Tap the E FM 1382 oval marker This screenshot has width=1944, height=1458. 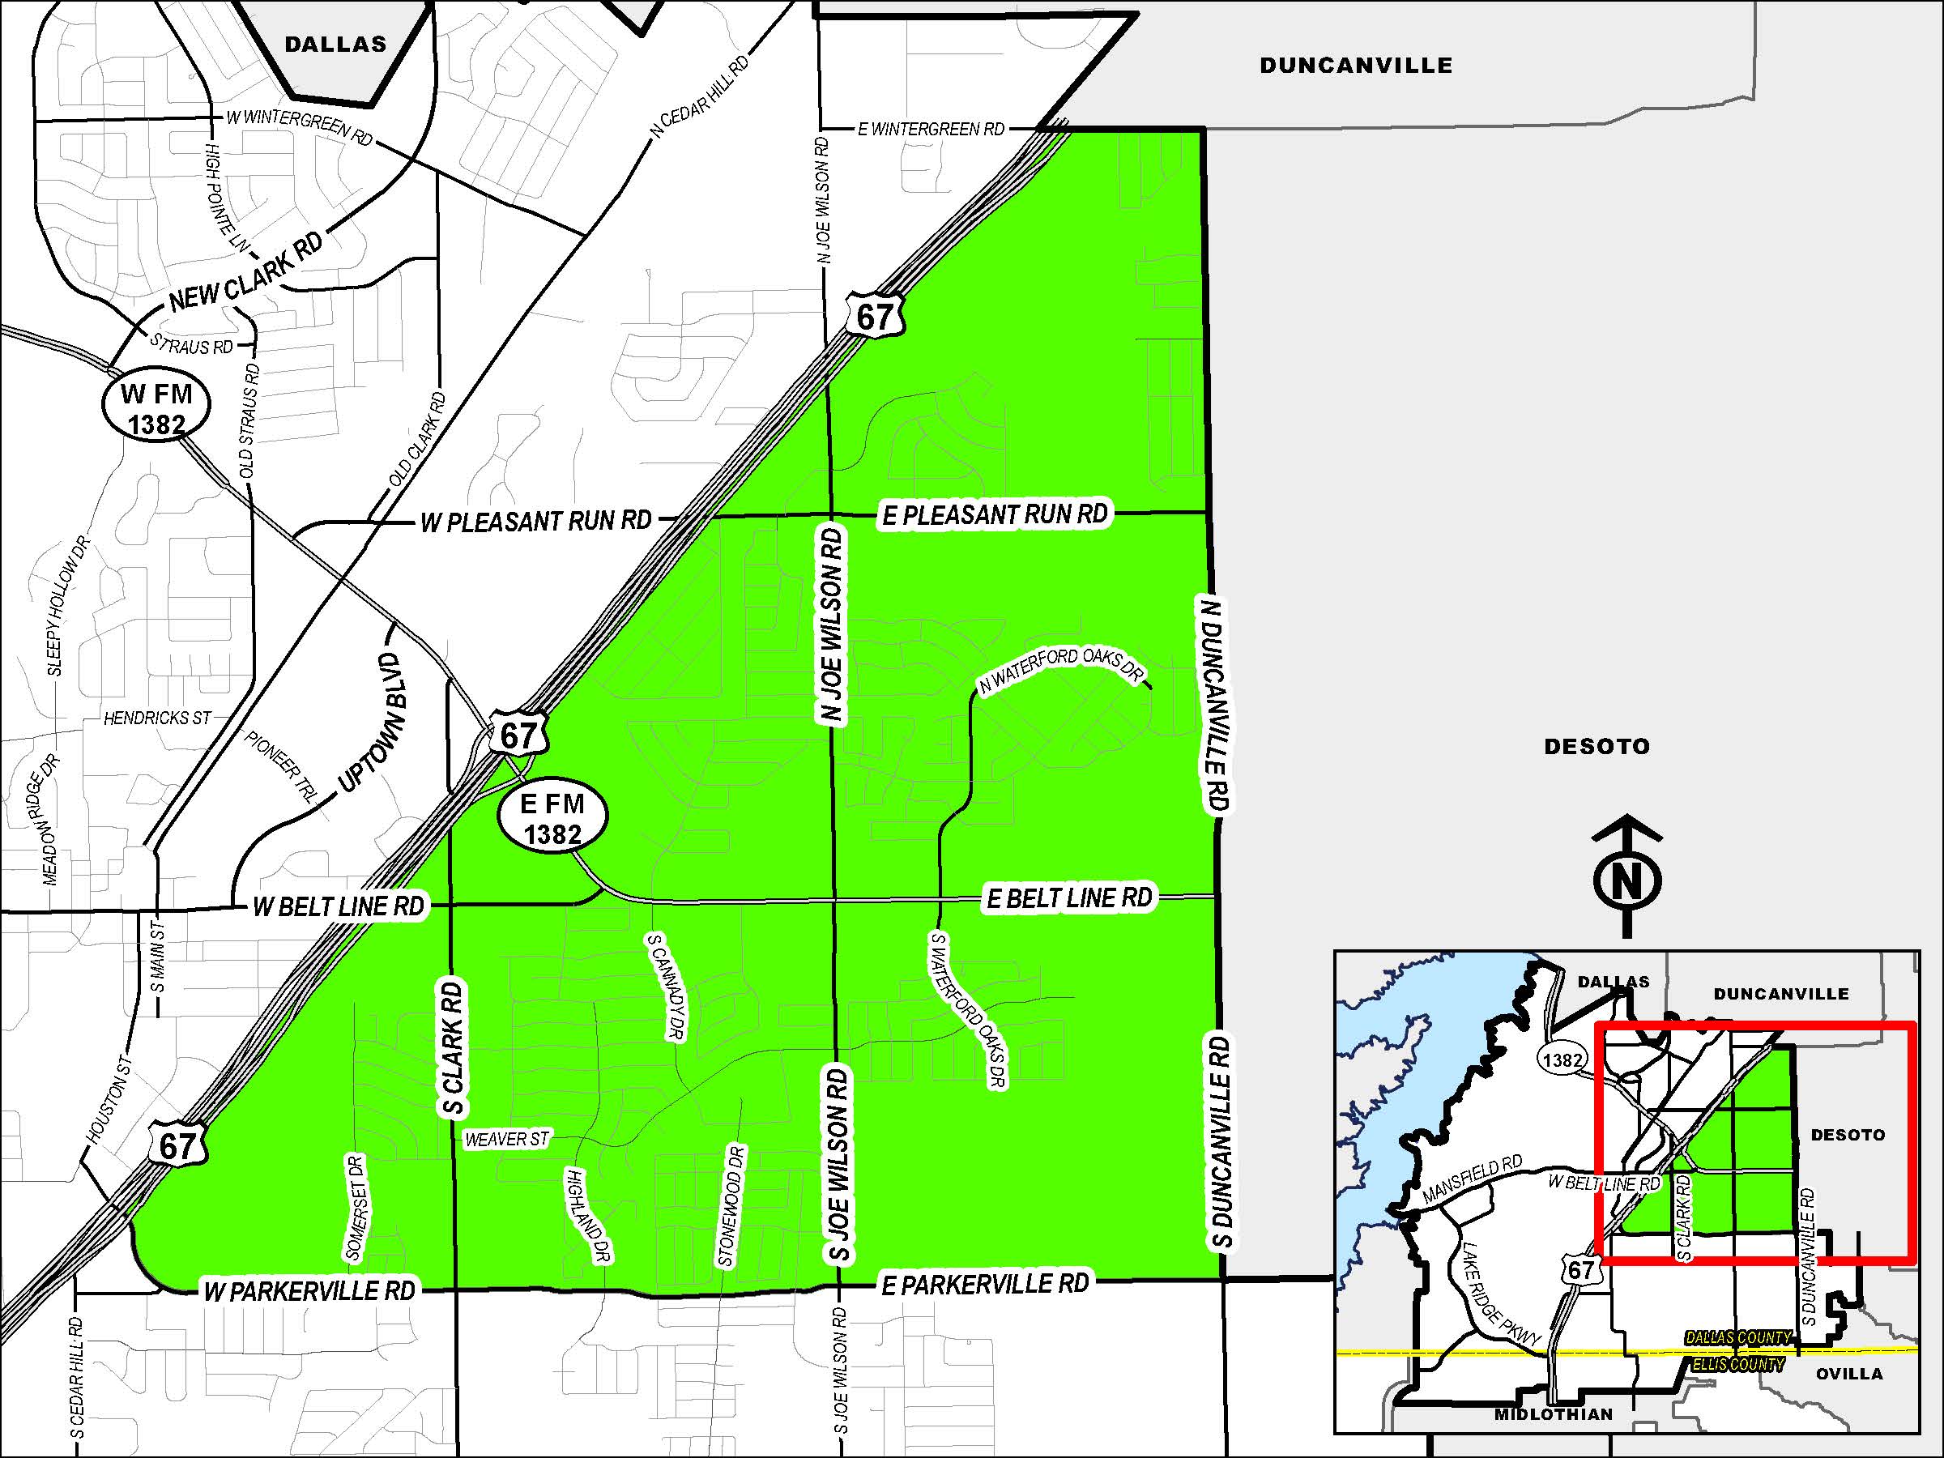[x=552, y=818]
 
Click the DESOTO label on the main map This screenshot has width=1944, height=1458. [x=1597, y=747]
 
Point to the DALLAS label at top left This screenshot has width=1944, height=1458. [x=335, y=45]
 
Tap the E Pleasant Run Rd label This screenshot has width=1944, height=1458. [x=995, y=514]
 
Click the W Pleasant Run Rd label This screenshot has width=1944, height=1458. [x=536, y=522]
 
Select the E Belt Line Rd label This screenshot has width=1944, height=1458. [x=1068, y=898]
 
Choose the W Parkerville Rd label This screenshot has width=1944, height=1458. [x=309, y=1291]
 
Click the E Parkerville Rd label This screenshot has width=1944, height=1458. [x=984, y=1284]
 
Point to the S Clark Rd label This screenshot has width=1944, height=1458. [x=453, y=1048]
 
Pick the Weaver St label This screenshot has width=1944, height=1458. [x=506, y=1140]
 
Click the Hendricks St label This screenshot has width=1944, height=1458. [x=157, y=718]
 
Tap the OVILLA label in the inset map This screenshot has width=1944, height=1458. [x=1849, y=1374]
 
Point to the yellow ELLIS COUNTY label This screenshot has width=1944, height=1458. [x=1737, y=1365]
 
